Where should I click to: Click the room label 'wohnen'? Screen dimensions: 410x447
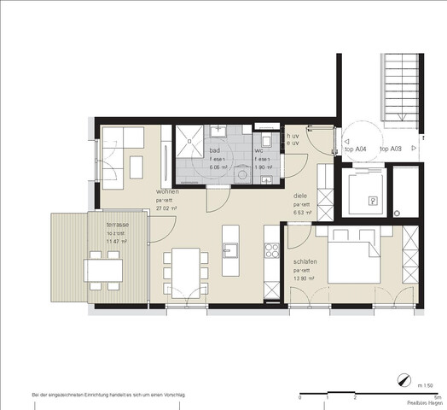[x=167, y=192]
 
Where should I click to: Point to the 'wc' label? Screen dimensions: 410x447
[x=259, y=150]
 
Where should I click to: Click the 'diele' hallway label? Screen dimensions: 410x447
[x=300, y=196]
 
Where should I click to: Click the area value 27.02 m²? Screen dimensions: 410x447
[x=165, y=209]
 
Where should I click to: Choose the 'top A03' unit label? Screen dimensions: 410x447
[x=391, y=149]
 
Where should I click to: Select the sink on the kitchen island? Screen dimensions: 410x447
[x=230, y=249]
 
